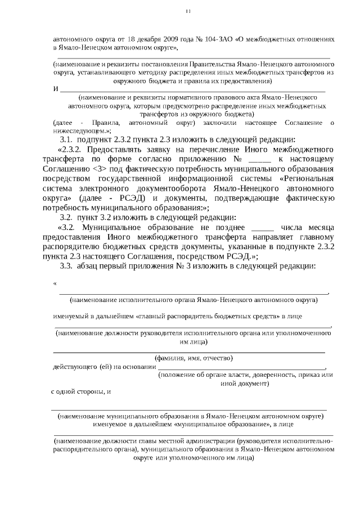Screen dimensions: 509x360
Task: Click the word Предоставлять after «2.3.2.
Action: coord(118,150)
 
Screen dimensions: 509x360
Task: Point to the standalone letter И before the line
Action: coord(55,90)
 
